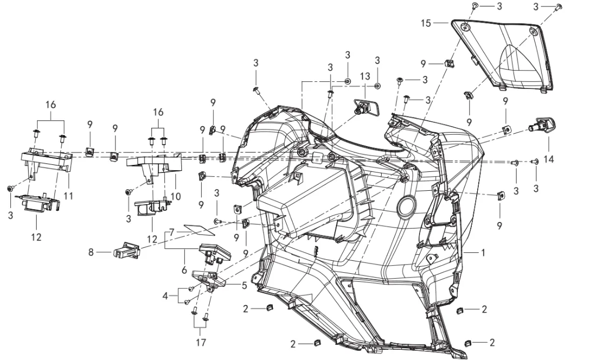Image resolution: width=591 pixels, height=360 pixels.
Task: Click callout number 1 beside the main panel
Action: [x=483, y=252]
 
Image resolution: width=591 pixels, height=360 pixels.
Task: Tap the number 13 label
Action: [x=365, y=75]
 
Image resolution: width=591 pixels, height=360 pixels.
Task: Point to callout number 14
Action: [x=549, y=145]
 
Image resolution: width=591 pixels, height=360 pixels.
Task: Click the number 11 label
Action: [x=68, y=195]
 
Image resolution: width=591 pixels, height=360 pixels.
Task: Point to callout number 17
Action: [x=201, y=342]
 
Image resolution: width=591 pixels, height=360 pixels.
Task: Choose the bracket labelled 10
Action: [x=154, y=165]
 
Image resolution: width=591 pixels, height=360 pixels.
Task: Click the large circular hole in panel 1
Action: [x=406, y=206]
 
